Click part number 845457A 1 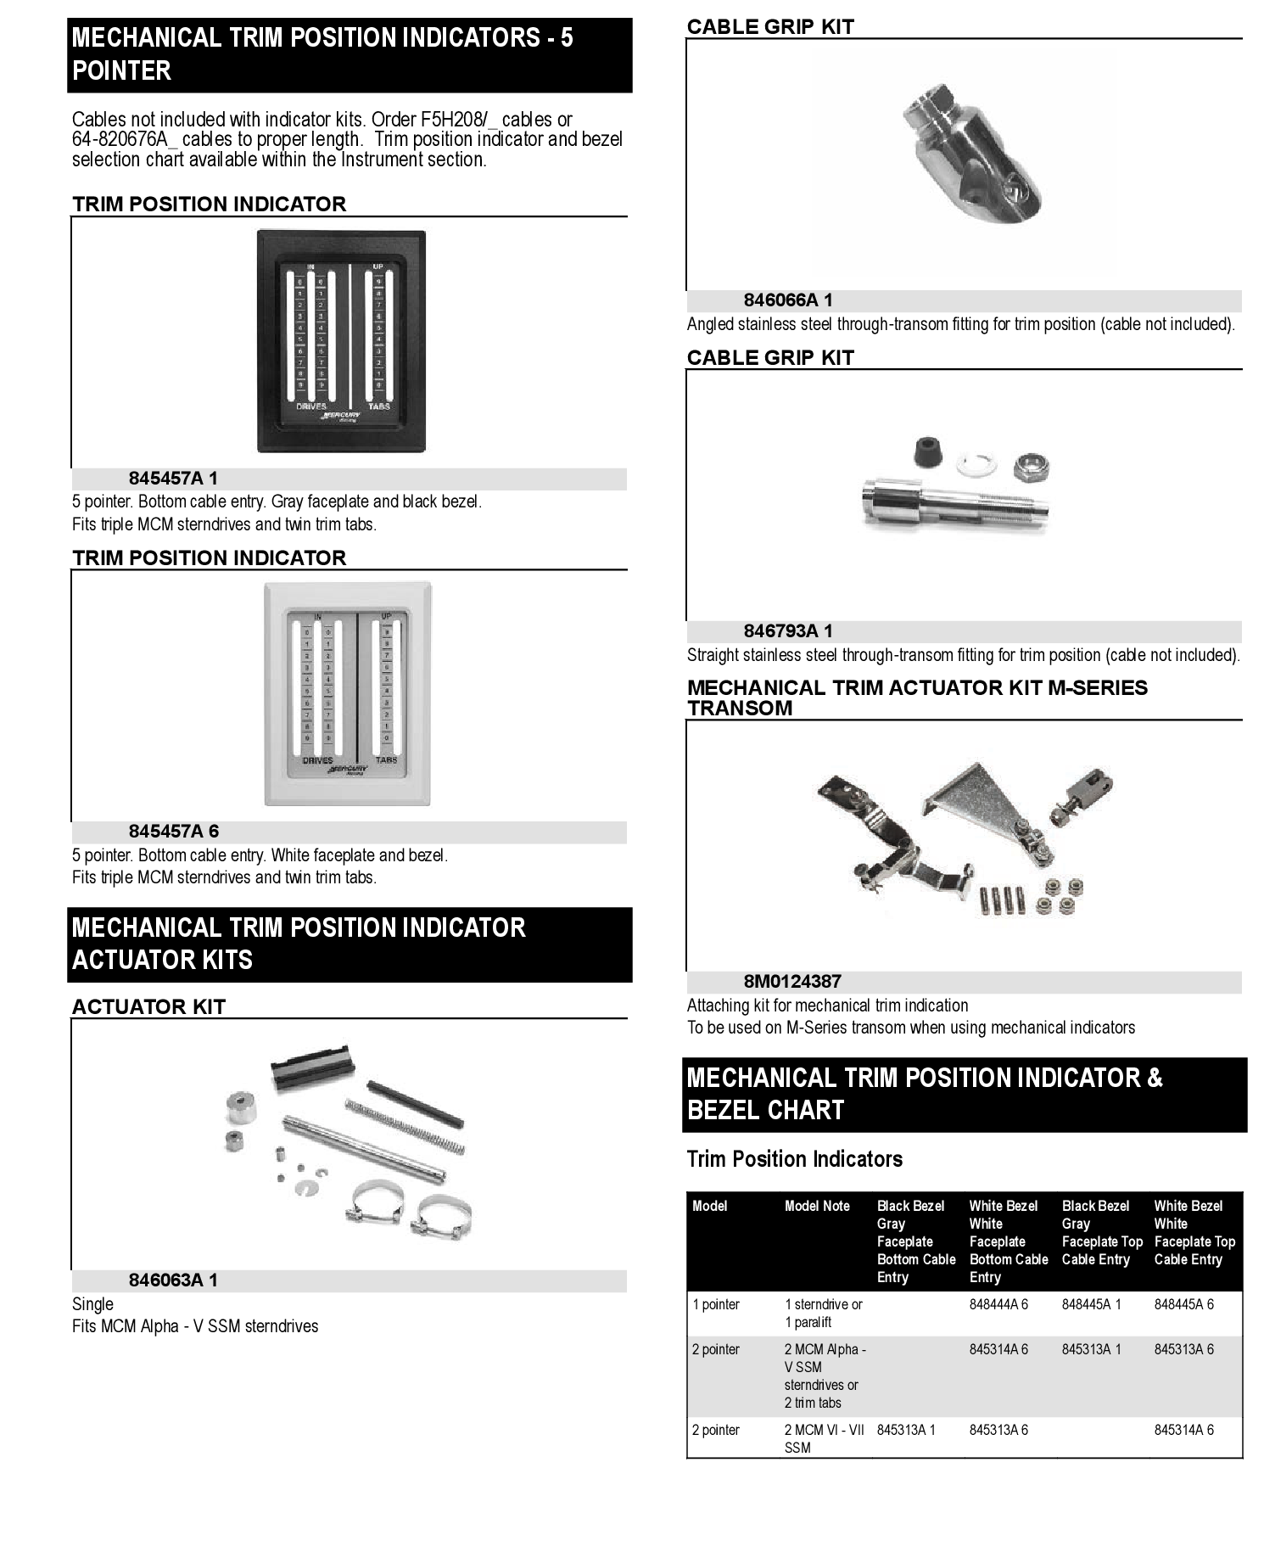[173, 479]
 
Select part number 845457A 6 [173, 832]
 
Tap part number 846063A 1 [173, 1280]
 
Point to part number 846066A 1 [788, 300]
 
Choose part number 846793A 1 [788, 631]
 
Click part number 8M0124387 [792, 982]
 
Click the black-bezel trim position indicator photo [341, 341]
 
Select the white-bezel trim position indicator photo [348, 693]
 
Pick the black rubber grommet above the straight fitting [928, 453]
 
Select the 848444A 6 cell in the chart [998, 1304]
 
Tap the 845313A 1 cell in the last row [906, 1430]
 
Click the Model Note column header [817, 1206]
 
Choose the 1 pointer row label [716, 1304]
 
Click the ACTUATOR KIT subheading [148, 1007]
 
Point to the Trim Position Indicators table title [794, 1159]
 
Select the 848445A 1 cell [1091, 1304]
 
